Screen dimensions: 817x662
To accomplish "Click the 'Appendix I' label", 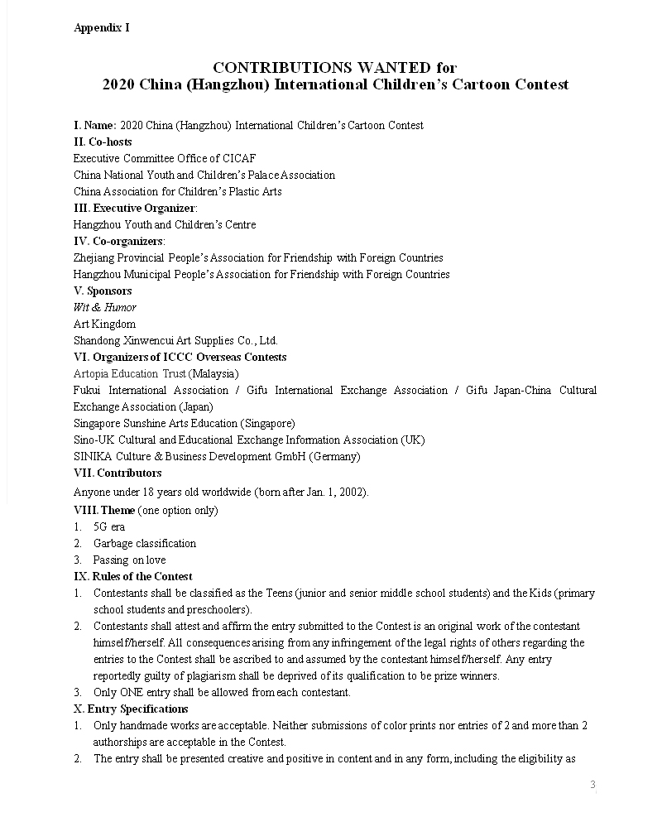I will (101, 28).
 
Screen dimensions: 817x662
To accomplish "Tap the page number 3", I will (592, 785).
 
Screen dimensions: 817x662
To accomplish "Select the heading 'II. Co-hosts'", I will (103, 142).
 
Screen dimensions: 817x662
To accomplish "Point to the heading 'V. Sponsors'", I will (103, 291).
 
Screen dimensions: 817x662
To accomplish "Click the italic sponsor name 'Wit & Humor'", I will (104, 307).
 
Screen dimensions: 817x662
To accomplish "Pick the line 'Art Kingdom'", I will (104, 324).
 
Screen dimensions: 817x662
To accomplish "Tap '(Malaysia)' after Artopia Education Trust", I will (214, 373).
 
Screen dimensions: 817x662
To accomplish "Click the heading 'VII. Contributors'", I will (118, 473).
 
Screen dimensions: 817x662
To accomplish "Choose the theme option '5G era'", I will (109, 526).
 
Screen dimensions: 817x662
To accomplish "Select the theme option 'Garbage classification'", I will (145, 543).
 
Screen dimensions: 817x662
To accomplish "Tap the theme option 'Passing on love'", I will (129, 560).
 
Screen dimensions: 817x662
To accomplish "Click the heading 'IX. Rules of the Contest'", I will (132, 576).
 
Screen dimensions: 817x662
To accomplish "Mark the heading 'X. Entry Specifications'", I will (131, 709).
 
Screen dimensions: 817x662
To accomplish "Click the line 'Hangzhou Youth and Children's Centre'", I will (165, 224).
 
